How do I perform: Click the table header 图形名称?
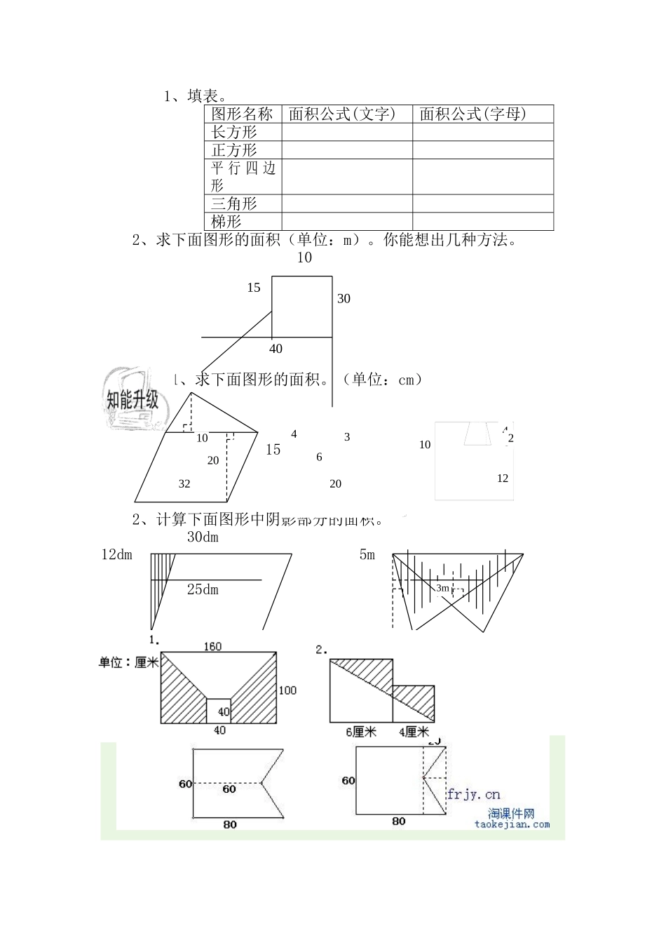[x=242, y=114]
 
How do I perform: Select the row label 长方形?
[x=234, y=132]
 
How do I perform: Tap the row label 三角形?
[x=234, y=203]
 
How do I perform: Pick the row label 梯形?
[x=226, y=222]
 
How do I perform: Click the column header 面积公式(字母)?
[x=473, y=114]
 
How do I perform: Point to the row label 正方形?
[x=234, y=150]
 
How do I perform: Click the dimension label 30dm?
[x=203, y=537]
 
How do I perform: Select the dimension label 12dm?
[x=116, y=555]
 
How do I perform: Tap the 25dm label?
[x=203, y=590]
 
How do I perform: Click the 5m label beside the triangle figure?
[x=367, y=555]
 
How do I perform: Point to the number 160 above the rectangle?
[x=212, y=646]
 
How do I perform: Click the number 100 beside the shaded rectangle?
[x=287, y=690]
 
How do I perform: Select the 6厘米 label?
[x=361, y=733]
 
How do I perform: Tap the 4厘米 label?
[x=414, y=733]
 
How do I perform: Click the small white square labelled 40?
[x=219, y=711]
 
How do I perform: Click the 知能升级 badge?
[x=132, y=400]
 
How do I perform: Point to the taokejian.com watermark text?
[x=512, y=824]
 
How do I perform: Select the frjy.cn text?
[x=474, y=794]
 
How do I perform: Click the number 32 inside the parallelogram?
[x=184, y=483]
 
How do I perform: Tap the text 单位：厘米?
[x=128, y=662]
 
